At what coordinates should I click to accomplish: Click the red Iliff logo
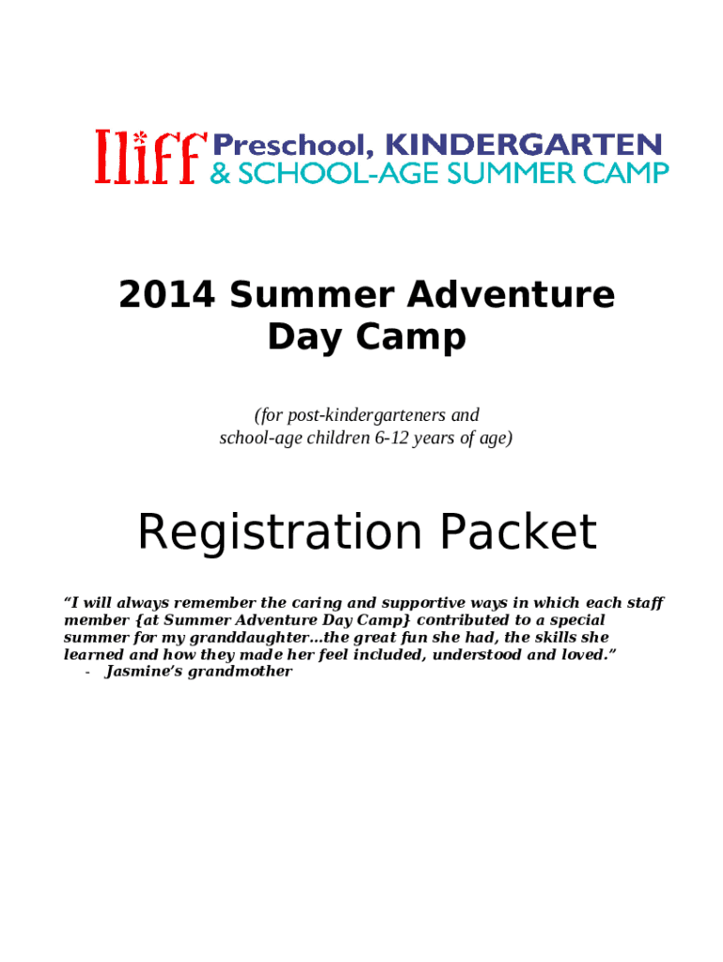[149, 157]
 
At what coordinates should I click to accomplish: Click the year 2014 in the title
[166, 295]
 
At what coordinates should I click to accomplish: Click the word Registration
[279, 533]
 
